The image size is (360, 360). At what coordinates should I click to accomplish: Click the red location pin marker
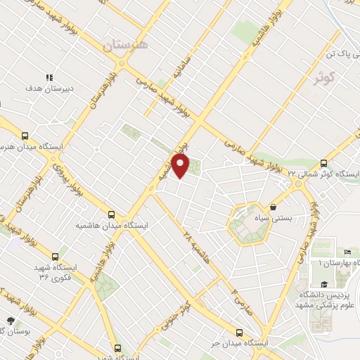click(x=181, y=165)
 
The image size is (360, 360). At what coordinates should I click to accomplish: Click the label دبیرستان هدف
click(x=49, y=89)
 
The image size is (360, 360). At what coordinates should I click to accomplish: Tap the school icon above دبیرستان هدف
click(x=49, y=77)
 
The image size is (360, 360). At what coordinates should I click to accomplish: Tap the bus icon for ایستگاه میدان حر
click(x=239, y=333)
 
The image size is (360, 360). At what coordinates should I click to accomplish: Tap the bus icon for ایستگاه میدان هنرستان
click(x=26, y=136)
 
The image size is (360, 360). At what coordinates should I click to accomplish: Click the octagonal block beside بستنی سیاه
click(x=247, y=224)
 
